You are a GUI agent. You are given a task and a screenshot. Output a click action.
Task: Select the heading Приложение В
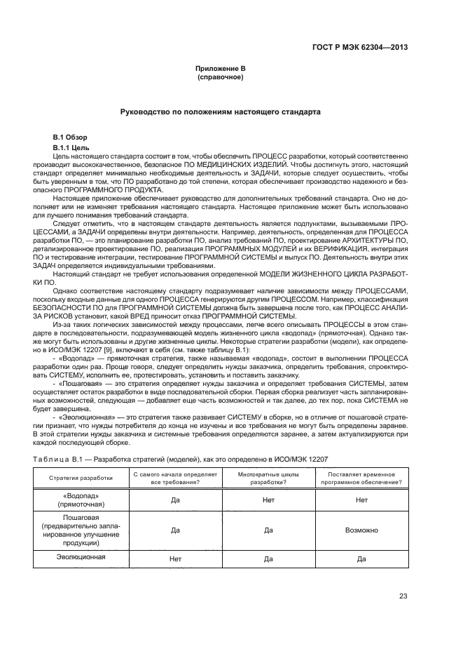pos(221,68)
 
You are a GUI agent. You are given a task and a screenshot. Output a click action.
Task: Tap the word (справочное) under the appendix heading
pos(221,76)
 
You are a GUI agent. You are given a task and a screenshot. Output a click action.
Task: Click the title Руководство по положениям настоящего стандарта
pos(221,112)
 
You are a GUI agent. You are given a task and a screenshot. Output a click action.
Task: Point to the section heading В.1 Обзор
pos(71,136)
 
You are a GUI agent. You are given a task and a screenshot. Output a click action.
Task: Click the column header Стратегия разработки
pos(81,478)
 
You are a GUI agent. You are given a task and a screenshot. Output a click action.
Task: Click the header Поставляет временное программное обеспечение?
pos(361,478)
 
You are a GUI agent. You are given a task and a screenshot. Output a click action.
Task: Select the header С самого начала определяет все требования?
pos(175,478)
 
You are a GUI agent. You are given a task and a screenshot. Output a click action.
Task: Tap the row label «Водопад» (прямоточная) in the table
pos(81,499)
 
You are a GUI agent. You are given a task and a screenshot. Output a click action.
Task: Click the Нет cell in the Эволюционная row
pos(175,558)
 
